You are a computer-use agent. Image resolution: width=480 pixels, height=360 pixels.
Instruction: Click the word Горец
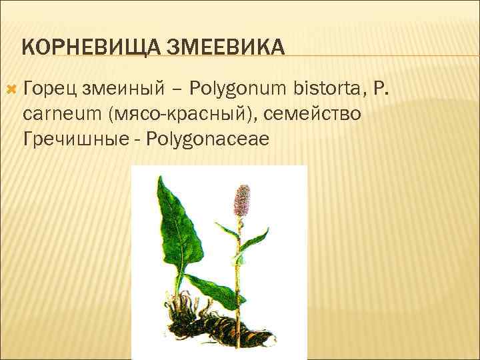point(45,88)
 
